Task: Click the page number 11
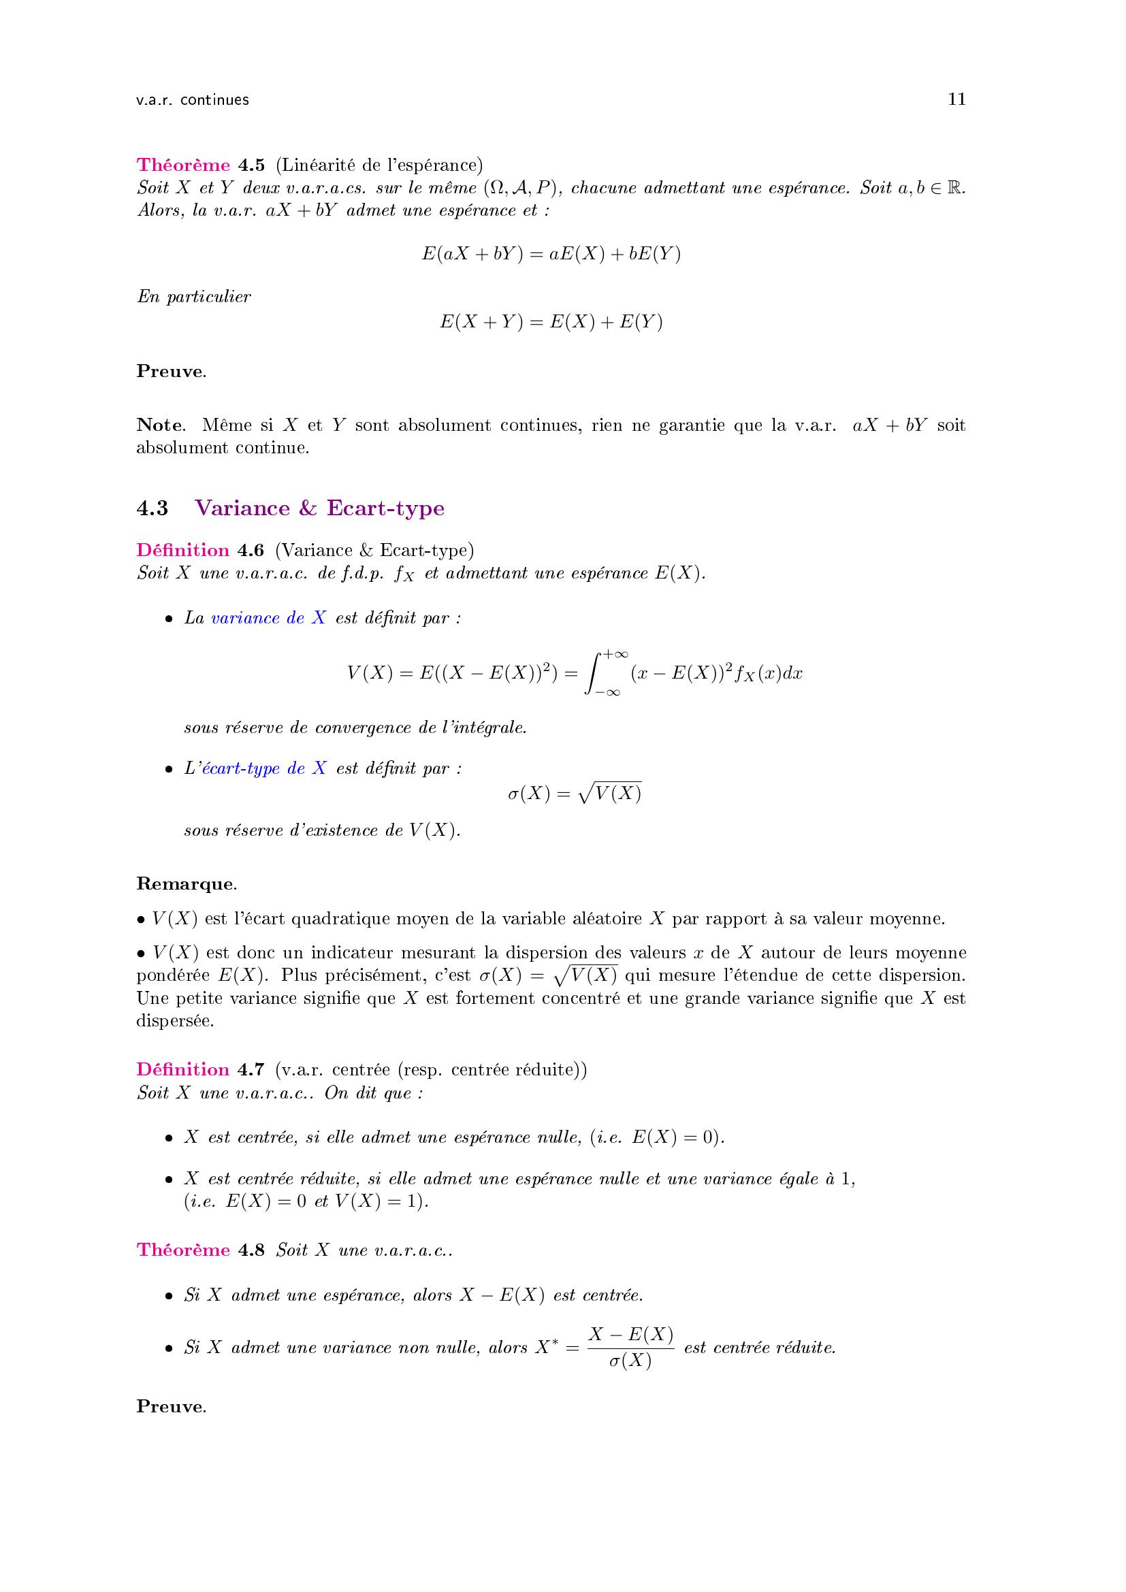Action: point(956,99)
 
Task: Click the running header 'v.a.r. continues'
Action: point(193,100)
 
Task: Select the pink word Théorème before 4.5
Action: point(183,165)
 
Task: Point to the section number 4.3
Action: point(152,508)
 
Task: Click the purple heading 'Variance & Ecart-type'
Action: point(320,508)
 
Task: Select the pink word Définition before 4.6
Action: point(183,550)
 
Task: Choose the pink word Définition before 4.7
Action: point(183,1069)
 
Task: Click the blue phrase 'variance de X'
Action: point(268,618)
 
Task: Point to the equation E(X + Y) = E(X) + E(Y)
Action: point(551,323)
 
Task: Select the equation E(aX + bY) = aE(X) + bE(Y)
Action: point(551,254)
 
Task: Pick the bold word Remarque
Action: point(186,883)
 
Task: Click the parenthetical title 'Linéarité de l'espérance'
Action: point(379,165)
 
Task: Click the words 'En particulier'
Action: point(194,297)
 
